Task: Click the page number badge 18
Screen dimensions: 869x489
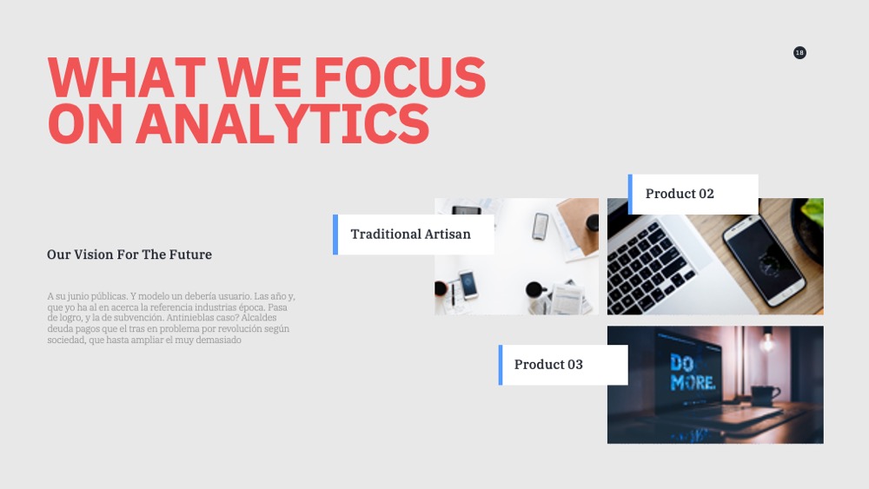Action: pyautogui.click(x=799, y=53)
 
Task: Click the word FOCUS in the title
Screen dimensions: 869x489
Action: pyautogui.click(x=400, y=77)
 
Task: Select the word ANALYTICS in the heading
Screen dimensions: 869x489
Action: pyautogui.click(x=282, y=124)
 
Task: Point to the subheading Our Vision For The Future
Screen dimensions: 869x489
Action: pyautogui.click(x=129, y=254)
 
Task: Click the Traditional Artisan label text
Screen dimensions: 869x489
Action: pyautogui.click(x=411, y=235)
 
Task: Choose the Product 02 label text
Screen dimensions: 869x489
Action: pyautogui.click(x=680, y=194)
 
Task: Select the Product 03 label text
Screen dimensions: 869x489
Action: pyautogui.click(x=548, y=365)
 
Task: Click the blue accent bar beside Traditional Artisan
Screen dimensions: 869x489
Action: pyautogui.click(x=335, y=235)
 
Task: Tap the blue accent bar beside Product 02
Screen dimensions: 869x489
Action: pyautogui.click(x=630, y=195)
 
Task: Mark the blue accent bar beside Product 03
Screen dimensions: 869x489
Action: pyautogui.click(x=501, y=365)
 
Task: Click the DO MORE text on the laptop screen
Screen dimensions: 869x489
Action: pyautogui.click(x=692, y=372)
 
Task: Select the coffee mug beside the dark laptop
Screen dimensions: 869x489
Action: pyautogui.click(x=764, y=395)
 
